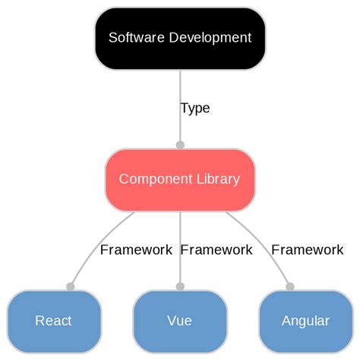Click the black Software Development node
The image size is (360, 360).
[180, 38]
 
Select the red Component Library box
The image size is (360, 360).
[180, 180]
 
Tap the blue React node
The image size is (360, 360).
[54, 321]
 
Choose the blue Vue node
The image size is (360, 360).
[180, 321]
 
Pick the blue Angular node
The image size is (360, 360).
[305, 321]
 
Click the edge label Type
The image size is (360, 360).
[195, 108]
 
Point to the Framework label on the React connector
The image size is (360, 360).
[136, 249]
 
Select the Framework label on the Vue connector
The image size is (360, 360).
[216, 249]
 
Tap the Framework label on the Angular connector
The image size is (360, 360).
[308, 249]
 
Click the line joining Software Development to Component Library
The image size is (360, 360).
[180, 91]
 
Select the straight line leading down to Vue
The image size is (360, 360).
[180, 266]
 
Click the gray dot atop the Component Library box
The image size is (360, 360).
[180, 144]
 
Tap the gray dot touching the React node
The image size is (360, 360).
[71, 286]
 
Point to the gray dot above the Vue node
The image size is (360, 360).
[180, 286]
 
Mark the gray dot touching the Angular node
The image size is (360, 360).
[289, 286]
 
